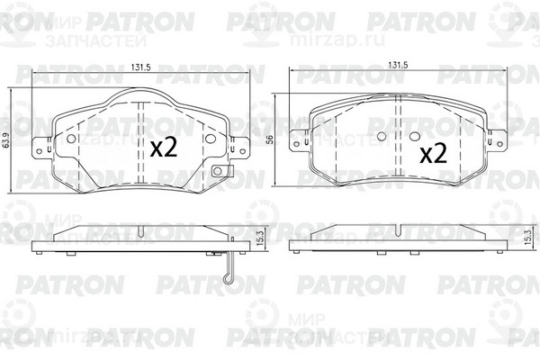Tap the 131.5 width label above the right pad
point(398,66)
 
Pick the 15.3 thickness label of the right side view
point(526,238)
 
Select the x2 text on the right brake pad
point(433,153)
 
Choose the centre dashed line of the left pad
point(145,144)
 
